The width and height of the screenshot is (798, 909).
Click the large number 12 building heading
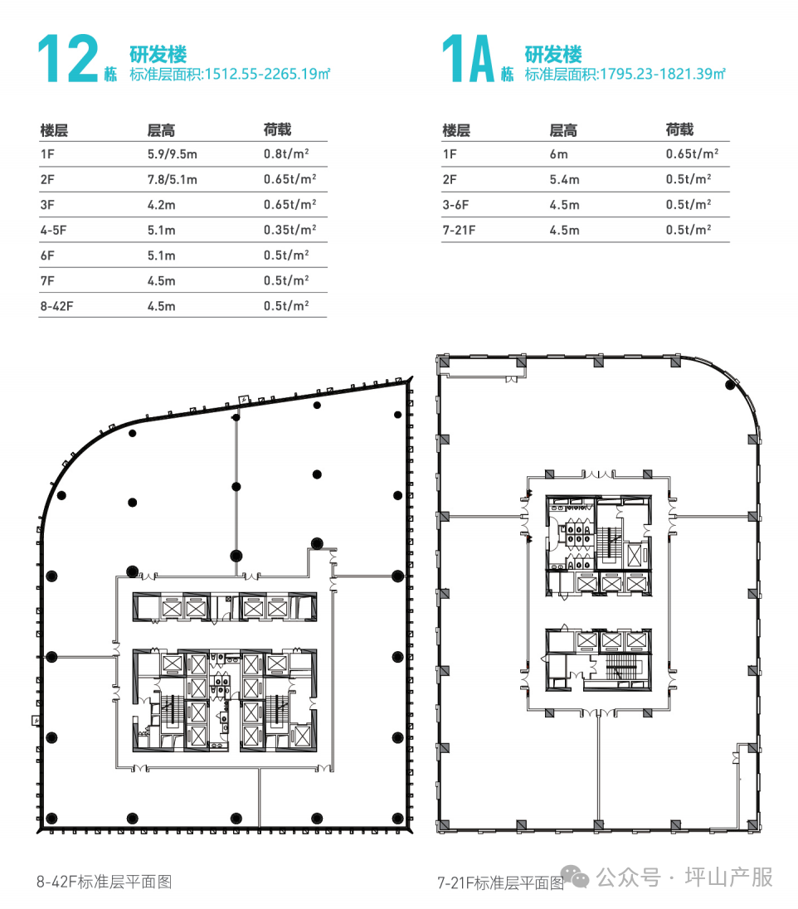click(x=68, y=59)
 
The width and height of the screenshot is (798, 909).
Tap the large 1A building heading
click(x=467, y=59)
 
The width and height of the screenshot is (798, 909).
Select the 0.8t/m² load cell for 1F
click(x=286, y=153)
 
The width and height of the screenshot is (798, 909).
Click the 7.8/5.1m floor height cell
click(x=173, y=179)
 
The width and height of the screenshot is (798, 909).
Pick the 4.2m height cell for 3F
click(x=161, y=205)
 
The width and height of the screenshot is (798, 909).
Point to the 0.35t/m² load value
click(x=290, y=230)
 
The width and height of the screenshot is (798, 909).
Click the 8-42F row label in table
click(x=57, y=305)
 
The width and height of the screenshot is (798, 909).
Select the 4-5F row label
click(x=53, y=230)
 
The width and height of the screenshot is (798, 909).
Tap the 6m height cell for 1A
click(x=558, y=153)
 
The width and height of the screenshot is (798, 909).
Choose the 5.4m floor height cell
click(x=564, y=179)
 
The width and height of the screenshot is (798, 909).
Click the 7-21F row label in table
click(x=459, y=230)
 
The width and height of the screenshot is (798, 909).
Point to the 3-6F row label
click(x=456, y=205)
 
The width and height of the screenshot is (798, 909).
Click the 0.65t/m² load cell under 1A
click(x=692, y=153)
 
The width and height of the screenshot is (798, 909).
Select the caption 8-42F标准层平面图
click(x=105, y=882)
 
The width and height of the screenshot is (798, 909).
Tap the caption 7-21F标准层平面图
click(x=500, y=883)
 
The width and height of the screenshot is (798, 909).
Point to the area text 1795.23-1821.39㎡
click(x=663, y=74)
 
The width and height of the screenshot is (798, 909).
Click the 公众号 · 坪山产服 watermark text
click(x=685, y=877)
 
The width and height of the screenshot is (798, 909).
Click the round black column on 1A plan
click(x=730, y=384)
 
